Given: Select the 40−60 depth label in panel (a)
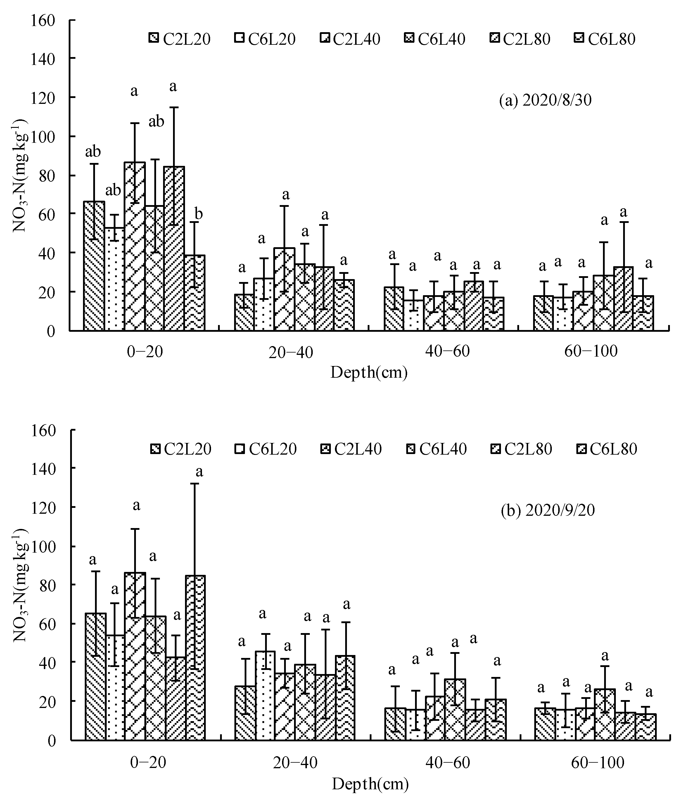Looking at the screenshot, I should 447,351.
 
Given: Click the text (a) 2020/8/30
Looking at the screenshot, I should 545,100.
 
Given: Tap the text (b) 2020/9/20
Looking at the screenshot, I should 547,510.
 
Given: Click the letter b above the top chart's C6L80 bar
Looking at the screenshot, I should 198,214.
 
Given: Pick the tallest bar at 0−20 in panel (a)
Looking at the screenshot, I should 135,247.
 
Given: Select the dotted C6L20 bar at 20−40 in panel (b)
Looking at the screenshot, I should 265,695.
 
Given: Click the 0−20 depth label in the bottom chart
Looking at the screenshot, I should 148,762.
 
